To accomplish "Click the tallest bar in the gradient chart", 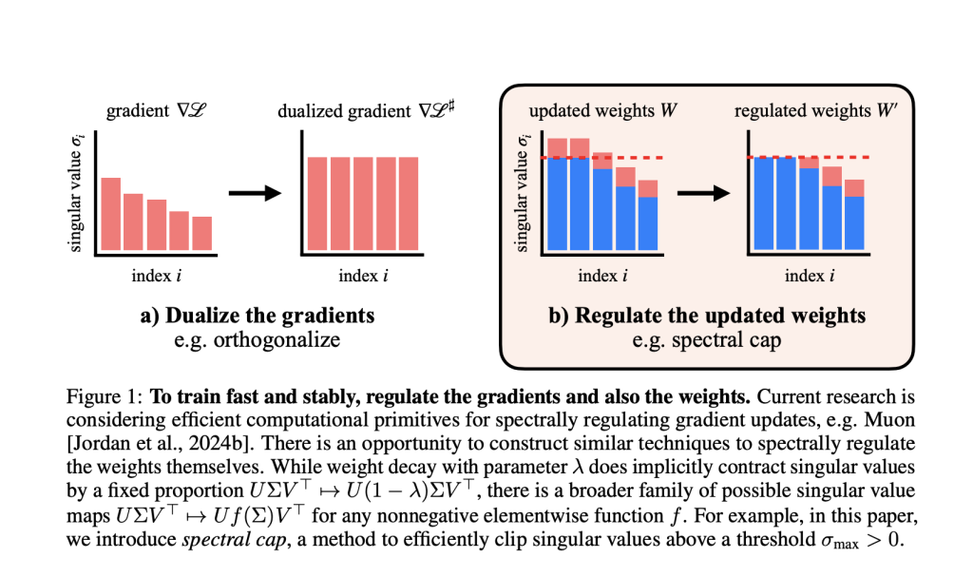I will click(x=110, y=213).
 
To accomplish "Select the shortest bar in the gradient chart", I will click(x=201, y=233).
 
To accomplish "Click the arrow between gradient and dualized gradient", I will click(x=257, y=193).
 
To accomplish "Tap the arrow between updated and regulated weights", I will click(x=701, y=193).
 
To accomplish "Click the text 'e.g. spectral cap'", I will click(x=707, y=339).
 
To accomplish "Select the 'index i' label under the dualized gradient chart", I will click(x=363, y=277).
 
